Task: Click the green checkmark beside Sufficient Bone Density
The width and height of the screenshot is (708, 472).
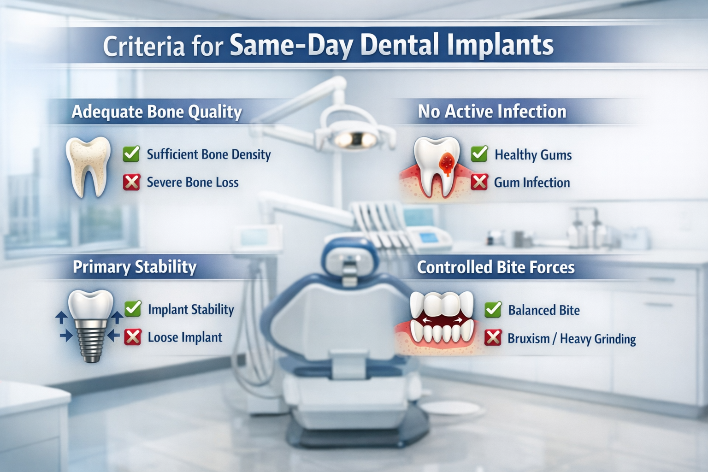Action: click(131, 154)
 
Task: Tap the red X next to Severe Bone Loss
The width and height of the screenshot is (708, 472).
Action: click(131, 183)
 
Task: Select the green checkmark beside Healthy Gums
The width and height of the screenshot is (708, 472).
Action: click(479, 154)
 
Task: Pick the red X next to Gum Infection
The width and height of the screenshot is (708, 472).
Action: click(479, 183)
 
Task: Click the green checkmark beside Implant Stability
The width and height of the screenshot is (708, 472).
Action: click(133, 309)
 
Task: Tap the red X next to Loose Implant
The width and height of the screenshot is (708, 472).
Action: click(133, 337)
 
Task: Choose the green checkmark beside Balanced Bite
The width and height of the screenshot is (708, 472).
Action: click(493, 310)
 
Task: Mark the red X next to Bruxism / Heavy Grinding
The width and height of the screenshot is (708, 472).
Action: click(493, 338)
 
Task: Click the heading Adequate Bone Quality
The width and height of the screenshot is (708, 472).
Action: click(157, 112)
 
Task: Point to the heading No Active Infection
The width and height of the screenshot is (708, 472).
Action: click(492, 112)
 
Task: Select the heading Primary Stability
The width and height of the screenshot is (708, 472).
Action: click(135, 267)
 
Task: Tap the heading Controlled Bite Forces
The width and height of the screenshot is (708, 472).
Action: click(496, 268)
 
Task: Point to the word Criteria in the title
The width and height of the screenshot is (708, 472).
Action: click(143, 47)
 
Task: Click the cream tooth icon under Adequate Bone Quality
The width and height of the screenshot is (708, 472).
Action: click(88, 166)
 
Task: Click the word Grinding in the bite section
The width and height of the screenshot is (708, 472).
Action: click(615, 339)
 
